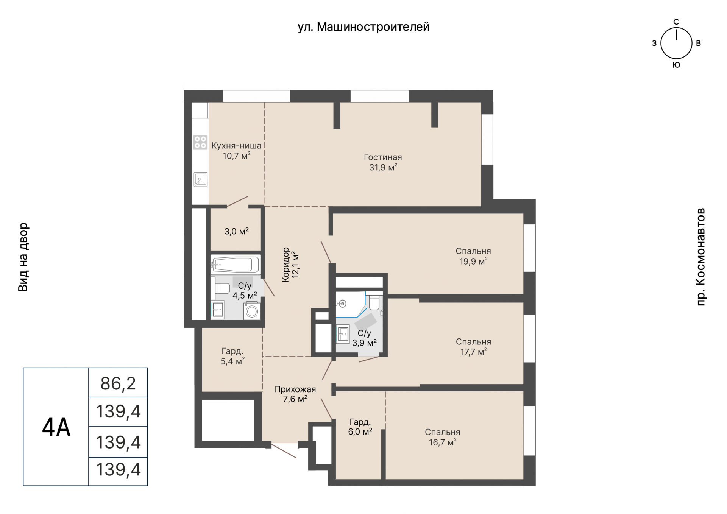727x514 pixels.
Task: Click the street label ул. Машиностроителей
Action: pos(363,27)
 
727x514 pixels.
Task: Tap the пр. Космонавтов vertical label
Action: pos(701,257)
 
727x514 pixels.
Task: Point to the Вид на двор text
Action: pos(23,257)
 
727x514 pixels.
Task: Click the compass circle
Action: pos(676,43)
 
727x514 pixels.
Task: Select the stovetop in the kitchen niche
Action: pos(200,142)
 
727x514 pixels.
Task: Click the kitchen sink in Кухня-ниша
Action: pos(200,179)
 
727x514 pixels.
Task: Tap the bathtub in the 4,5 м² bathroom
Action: pos(235,265)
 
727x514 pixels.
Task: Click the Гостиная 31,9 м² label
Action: pos(383,162)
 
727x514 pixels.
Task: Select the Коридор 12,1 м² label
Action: pos(290,265)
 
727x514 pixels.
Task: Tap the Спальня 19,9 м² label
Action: pos(473,256)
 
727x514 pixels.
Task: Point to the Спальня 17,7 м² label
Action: pos(473,347)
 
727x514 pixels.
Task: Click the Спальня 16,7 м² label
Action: pos(443,437)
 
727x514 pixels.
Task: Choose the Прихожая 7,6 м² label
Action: pos(295,394)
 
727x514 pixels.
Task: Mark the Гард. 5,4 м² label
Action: pos(232,356)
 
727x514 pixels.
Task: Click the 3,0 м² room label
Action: pos(236,231)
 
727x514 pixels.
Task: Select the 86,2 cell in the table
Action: pos(118,383)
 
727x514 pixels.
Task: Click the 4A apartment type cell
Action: pos(56,427)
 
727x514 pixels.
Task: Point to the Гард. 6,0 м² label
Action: pos(360,427)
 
